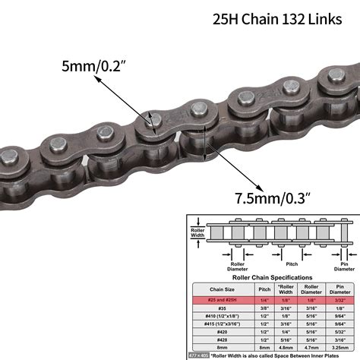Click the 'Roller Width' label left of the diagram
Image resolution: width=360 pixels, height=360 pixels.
[x=197, y=230]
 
